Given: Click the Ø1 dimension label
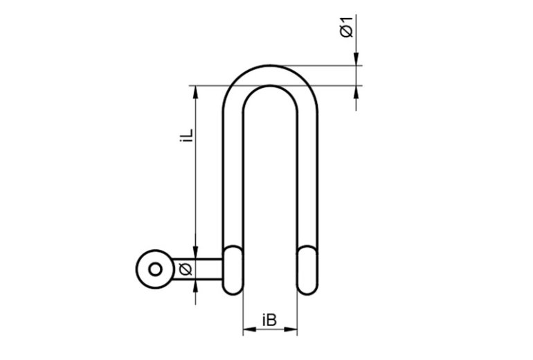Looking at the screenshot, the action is click(347, 26).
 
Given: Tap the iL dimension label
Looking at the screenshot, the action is click(187, 135).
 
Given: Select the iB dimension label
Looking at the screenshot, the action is click(269, 320).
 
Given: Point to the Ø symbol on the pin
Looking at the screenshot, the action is click(186, 269).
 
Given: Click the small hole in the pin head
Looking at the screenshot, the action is click(155, 269).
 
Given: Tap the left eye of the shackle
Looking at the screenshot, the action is click(233, 270).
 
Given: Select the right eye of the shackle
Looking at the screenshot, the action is click(307, 270).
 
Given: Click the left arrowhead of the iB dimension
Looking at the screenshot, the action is click(249, 329).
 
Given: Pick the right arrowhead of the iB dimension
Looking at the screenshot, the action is click(291, 329).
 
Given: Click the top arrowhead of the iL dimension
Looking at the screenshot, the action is click(195, 92).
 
